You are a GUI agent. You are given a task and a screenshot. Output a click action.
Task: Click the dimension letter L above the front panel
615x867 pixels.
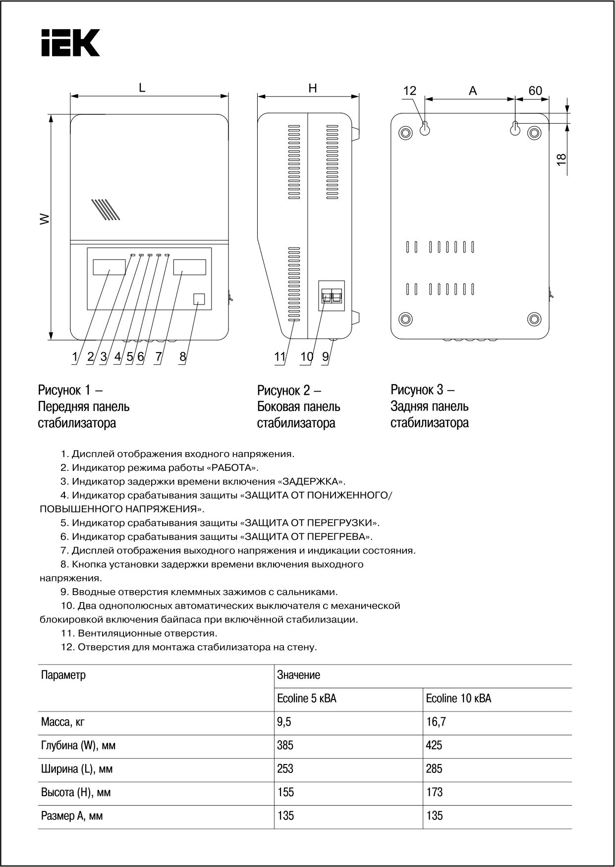pos(142,88)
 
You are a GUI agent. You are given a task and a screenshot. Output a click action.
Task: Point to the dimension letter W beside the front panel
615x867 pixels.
pos(45,219)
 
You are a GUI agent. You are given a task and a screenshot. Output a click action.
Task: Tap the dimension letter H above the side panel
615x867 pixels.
pos(313,89)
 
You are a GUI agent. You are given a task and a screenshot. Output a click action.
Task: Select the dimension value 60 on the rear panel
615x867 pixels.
pos(535,91)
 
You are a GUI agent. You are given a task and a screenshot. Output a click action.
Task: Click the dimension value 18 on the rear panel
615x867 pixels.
pos(561,159)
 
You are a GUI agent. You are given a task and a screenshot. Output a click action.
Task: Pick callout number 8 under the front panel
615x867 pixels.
pos(182,356)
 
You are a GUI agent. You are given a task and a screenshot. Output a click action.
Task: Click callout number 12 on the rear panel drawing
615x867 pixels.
pos(410,91)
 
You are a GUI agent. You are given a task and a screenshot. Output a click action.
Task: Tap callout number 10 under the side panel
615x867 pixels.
pos(307,356)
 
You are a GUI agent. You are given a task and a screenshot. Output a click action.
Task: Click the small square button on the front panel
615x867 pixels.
pos(198,299)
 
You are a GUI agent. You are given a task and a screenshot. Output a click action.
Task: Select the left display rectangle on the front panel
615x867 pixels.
pos(109,267)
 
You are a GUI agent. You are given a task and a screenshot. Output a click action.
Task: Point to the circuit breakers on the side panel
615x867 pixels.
pos(332,296)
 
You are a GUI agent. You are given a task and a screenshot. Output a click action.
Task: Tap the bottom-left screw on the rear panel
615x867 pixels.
pos(406,318)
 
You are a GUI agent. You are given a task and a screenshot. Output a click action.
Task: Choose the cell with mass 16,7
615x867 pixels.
pos(436,722)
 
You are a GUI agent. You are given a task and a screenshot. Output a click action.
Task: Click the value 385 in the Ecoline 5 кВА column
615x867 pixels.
pos(285,745)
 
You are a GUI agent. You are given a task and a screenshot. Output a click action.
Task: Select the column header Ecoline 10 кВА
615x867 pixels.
pos(458,699)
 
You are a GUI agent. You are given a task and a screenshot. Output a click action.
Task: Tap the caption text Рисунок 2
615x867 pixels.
pos(285,390)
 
